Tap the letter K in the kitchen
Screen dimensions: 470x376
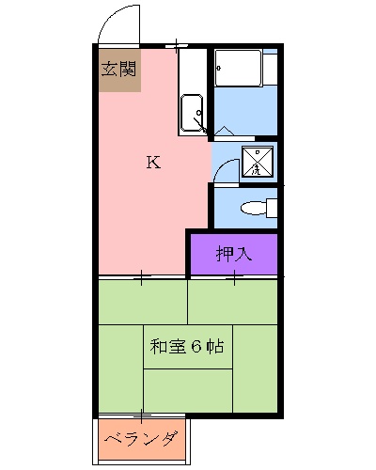click(152, 162)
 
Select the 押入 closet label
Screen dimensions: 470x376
click(233, 253)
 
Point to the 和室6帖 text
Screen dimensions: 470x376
click(186, 346)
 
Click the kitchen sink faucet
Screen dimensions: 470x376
click(198, 118)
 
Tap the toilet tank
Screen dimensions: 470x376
click(272, 208)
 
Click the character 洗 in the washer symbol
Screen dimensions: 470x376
click(257, 169)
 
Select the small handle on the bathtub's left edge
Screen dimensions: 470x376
click(218, 67)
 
